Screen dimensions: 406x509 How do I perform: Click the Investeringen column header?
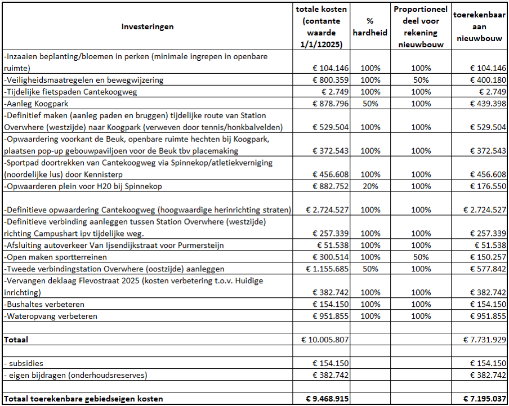pyautogui.click(x=148, y=26)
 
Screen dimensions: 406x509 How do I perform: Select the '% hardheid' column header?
pyautogui.click(x=370, y=26)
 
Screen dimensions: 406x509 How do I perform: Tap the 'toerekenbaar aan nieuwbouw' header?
pyautogui.click(x=479, y=26)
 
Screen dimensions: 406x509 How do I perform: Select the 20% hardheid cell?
pyautogui.click(x=370, y=186)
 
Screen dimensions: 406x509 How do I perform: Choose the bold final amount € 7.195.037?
pyautogui.click(x=485, y=399)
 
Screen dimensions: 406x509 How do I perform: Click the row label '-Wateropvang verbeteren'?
pyautogui.click(x=50, y=316)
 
